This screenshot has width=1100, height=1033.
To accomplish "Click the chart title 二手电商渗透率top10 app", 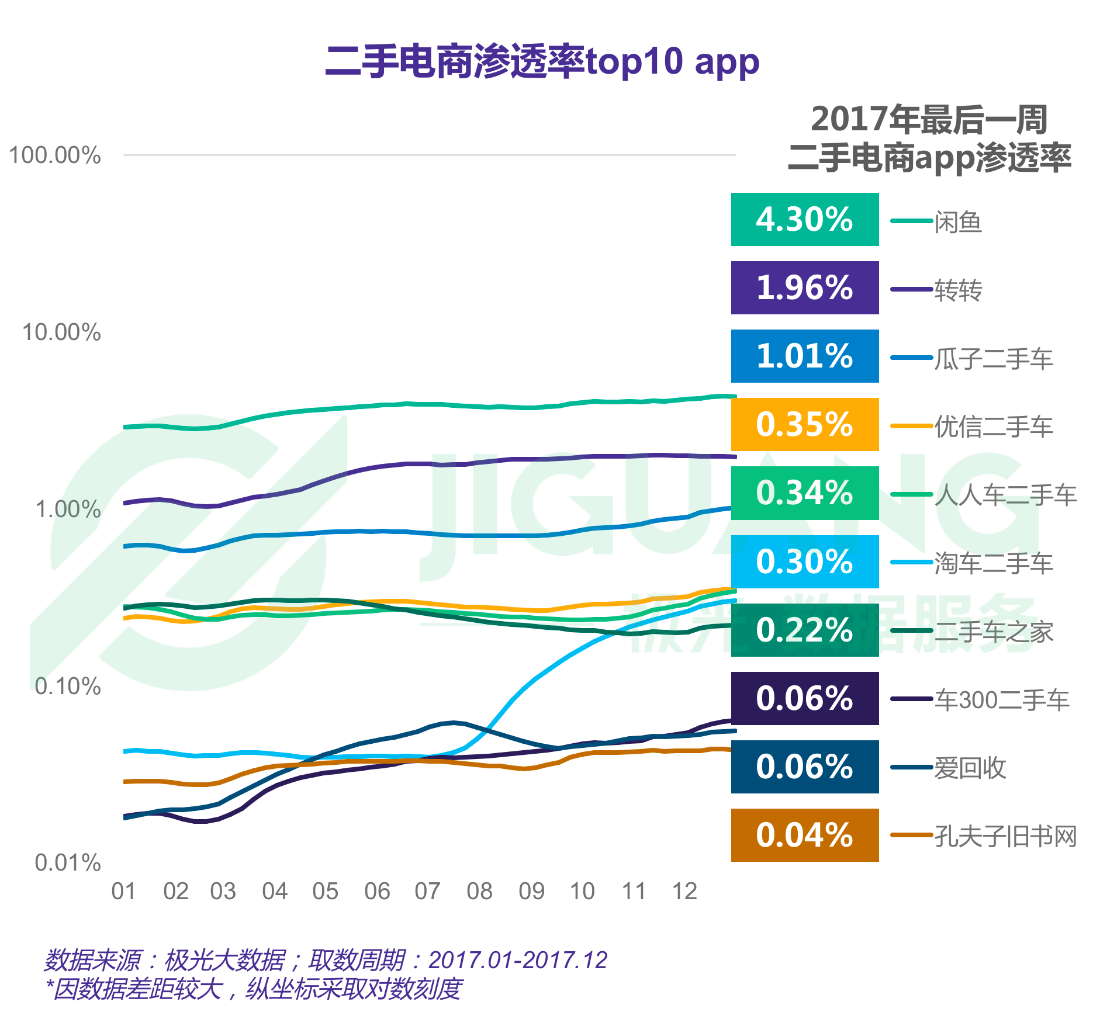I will pos(542,62).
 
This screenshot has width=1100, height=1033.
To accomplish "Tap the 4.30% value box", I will pos(804,219).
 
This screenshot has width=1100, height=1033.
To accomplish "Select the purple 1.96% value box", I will pos(804,287).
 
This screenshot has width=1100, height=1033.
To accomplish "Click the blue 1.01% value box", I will pos(804,356).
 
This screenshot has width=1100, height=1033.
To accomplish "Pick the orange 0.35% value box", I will pos(804,424).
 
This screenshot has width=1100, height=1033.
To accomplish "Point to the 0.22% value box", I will pos(804,630).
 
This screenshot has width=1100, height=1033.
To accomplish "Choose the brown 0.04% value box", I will pos(804,835).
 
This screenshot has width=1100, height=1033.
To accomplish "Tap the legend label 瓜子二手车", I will pos(993,359).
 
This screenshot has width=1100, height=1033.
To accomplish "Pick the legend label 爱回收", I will pos(970,768).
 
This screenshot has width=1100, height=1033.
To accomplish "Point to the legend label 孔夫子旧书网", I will pos(1005,837).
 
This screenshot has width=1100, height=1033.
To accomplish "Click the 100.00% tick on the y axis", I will pos(55,155).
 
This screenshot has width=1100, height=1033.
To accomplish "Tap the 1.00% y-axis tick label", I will pos(68,509).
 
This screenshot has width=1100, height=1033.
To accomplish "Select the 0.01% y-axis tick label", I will pos(68,863).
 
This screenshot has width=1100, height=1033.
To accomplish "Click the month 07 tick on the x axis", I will pos(427,892).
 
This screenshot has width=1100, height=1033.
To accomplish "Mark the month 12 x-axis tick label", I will pos(684,892).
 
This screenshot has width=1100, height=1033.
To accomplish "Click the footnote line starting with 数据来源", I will pos(325,960).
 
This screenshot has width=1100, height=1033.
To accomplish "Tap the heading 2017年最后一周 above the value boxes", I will pos(929,120).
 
